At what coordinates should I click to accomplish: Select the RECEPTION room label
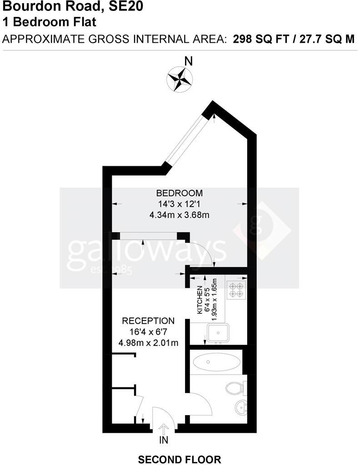(x=148, y=321)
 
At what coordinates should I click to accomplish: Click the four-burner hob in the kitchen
(x=236, y=290)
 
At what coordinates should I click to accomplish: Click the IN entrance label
(x=164, y=440)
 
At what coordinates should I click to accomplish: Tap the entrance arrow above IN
(x=164, y=428)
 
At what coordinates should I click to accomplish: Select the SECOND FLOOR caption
(x=180, y=460)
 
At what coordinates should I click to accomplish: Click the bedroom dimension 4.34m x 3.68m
(x=180, y=215)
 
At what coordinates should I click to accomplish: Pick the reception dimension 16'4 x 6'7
(x=148, y=332)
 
